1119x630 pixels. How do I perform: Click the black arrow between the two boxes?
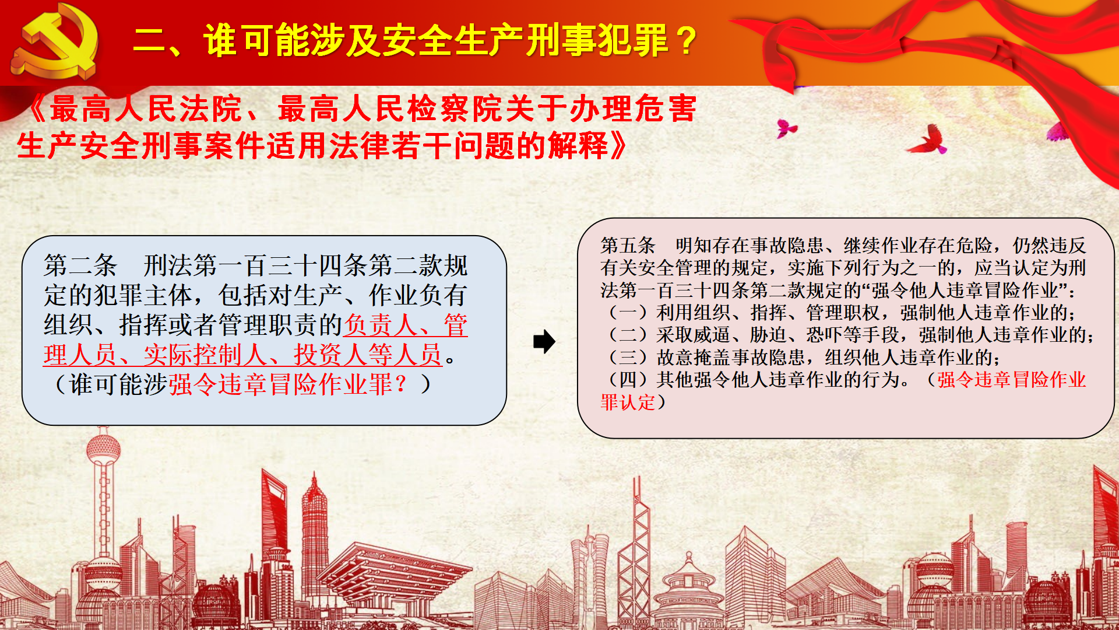(x=544, y=342)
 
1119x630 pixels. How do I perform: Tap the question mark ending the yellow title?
(x=688, y=41)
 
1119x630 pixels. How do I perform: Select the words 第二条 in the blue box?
(x=80, y=265)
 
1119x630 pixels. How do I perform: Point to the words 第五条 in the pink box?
(x=628, y=246)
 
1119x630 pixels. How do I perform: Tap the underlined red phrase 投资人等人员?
(x=368, y=355)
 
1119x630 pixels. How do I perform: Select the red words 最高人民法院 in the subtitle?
(x=146, y=108)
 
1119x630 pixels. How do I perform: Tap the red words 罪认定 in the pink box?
(x=628, y=402)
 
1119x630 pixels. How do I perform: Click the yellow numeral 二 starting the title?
(x=150, y=41)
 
